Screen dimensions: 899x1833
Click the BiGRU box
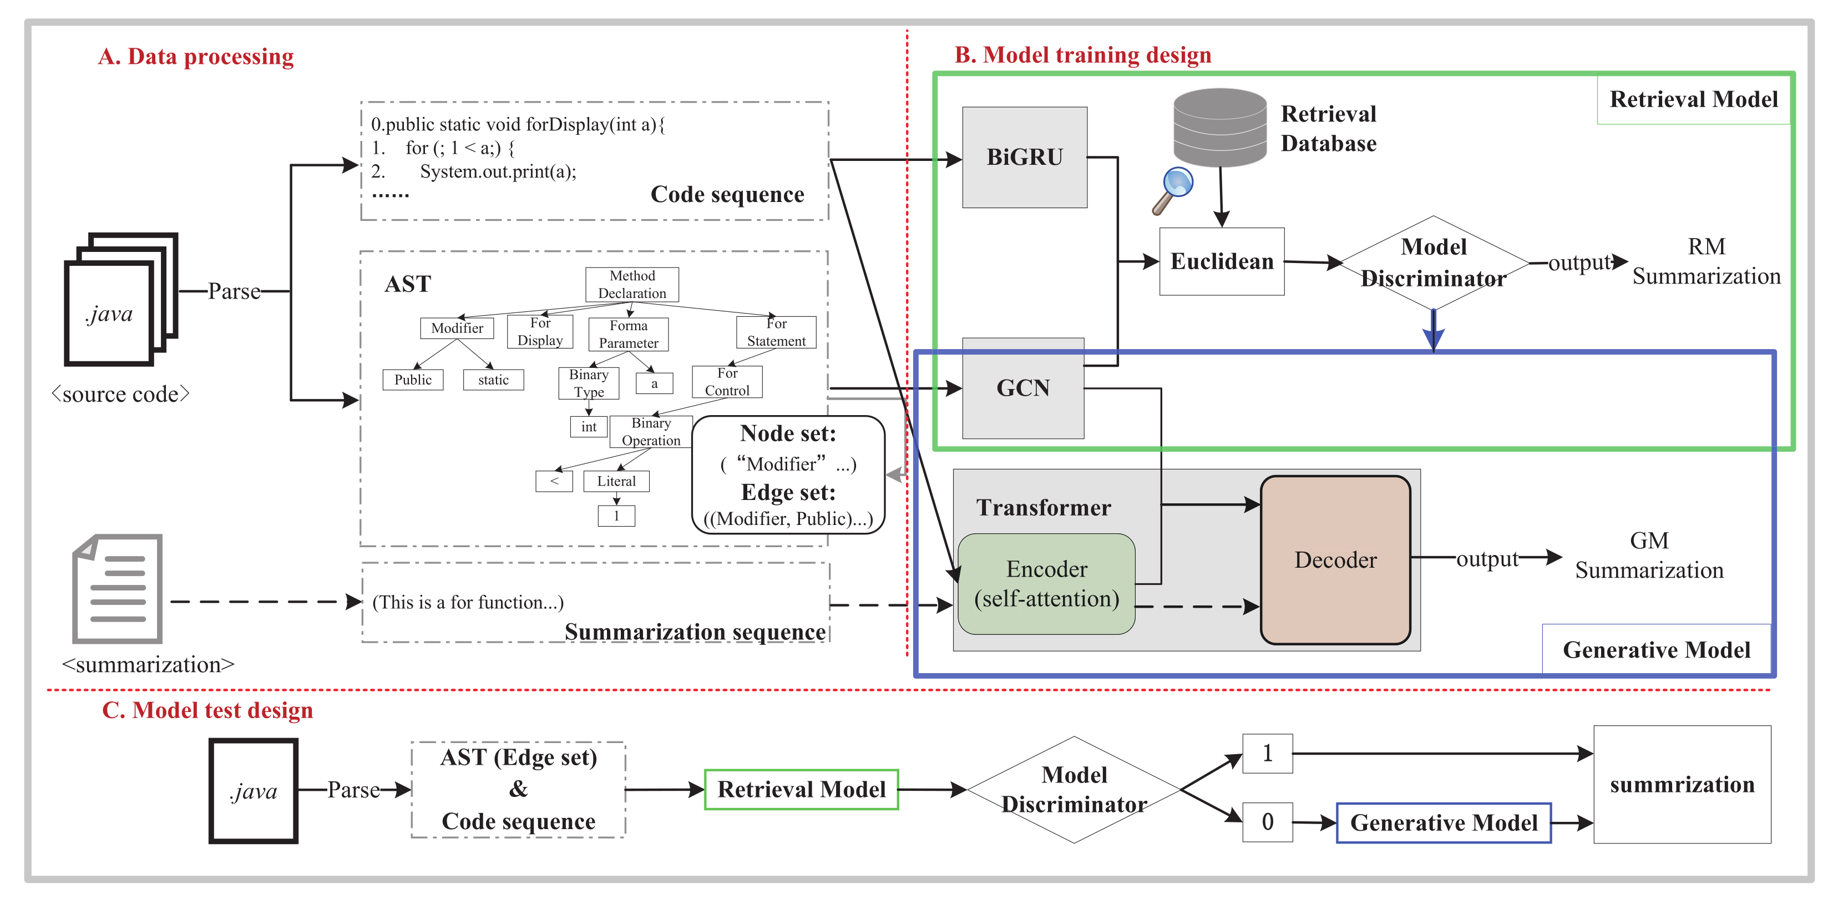[x=1024, y=157]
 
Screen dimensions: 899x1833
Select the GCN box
[x=1022, y=388]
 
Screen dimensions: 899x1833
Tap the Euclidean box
[x=1221, y=261]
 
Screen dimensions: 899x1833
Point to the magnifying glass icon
[x=1172, y=189]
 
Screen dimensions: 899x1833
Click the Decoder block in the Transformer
[x=1335, y=559]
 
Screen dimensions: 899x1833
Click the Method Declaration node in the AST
[x=632, y=284]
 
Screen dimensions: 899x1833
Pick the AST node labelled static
[x=493, y=380]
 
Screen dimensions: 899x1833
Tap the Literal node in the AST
[x=616, y=481]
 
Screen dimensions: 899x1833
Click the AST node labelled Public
[x=413, y=380]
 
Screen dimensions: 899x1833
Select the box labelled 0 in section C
[x=1267, y=822]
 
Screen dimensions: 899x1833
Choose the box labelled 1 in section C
[x=1267, y=753]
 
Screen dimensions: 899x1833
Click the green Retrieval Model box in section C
[x=801, y=789]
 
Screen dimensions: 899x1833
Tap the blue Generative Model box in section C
[x=1443, y=823]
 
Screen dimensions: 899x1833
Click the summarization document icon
[x=118, y=589]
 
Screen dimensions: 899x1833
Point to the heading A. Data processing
[x=196, y=56]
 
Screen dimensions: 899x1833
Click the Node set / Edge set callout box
[x=788, y=475]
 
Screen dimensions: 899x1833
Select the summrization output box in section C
[x=1682, y=784]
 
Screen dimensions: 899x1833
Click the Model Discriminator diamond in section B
[x=1433, y=262]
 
